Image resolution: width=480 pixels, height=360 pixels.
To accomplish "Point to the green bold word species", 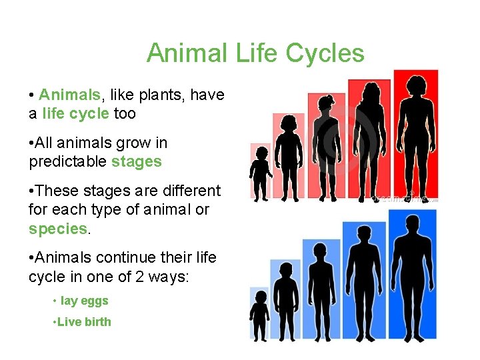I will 58,229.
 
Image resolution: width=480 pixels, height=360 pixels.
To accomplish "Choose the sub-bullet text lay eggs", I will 84,301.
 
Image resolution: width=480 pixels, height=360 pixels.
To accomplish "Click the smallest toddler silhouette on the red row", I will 259,173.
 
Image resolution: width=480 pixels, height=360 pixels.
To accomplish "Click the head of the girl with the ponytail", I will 326,104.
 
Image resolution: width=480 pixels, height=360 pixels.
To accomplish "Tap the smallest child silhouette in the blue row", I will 260,316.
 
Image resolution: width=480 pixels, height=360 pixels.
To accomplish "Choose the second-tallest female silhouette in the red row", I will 370,143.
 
